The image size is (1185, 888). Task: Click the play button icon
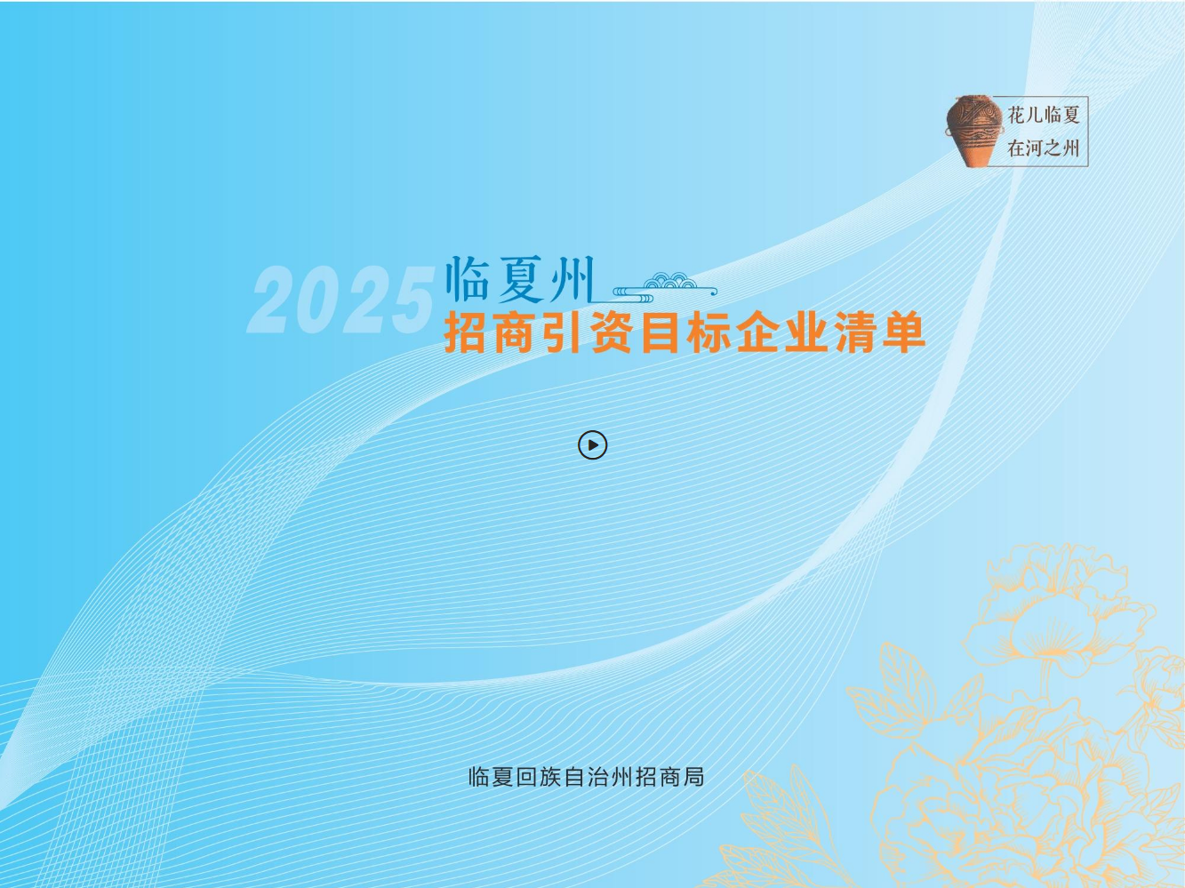pyautogui.click(x=592, y=444)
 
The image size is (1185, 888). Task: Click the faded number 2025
pyautogui.click(x=341, y=300)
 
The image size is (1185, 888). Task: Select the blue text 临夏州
pyautogui.click(x=520, y=279)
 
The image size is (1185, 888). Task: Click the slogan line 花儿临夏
pyautogui.click(x=1043, y=115)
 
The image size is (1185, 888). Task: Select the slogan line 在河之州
pyautogui.click(x=1043, y=148)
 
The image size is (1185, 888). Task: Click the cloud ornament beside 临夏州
pyautogui.click(x=665, y=288)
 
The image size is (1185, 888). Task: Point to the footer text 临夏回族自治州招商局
pyautogui.click(x=587, y=777)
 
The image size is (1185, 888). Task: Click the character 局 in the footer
pyautogui.click(x=693, y=777)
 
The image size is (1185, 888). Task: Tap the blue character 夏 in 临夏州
pyautogui.click(x=520, y=280)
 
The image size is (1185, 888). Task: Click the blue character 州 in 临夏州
pyautogui.click(x=571, y=279)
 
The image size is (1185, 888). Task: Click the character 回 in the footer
pyautogui.click(x=527, y=777)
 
